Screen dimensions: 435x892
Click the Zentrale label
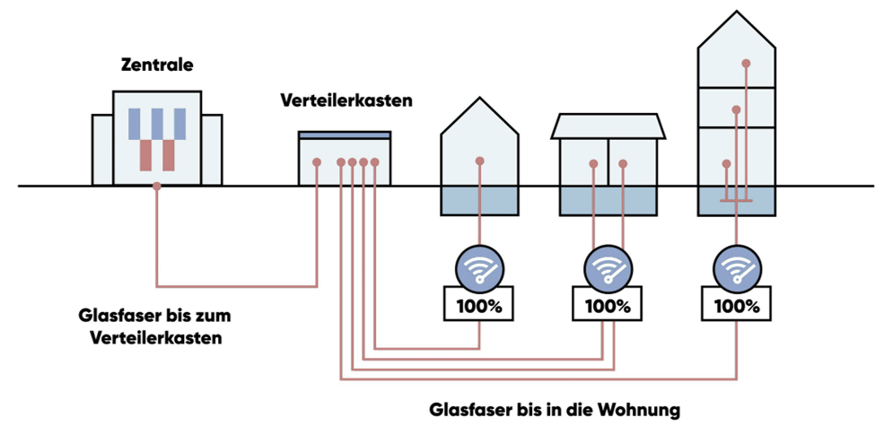157,65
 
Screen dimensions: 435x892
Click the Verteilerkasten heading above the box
345,100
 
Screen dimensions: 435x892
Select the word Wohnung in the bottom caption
640,410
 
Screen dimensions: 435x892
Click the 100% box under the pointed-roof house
479,305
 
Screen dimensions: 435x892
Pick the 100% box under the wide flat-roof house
608,305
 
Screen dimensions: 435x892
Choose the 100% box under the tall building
736,305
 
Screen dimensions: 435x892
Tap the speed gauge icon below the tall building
736,267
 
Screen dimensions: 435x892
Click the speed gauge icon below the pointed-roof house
479,267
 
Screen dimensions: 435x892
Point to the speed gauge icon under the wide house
608,267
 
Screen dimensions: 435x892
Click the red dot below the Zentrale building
157,187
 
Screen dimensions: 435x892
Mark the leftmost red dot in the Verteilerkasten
317,162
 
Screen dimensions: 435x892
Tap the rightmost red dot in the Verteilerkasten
375,162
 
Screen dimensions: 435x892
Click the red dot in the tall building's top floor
746,63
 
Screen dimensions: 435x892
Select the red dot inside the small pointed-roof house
480,161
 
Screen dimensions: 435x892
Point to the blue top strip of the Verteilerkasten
345,135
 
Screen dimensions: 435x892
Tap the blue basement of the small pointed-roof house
480,201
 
